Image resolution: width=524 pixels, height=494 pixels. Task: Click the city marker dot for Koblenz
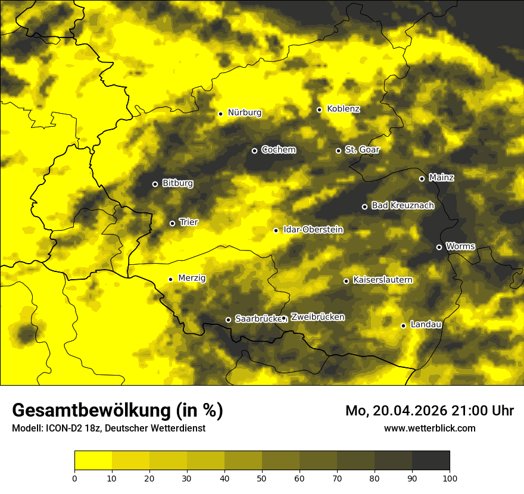pyautogui.click(x=319, y=110)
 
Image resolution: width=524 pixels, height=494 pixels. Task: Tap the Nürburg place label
pyautogui.click(x=244, y=112)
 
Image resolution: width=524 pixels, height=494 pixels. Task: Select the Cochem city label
pyautogui.click(x=278, y=150)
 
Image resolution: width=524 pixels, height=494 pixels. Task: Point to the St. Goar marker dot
pyautogui.click(x=338, y=151)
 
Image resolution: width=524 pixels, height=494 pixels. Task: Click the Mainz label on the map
pyautogui.click(x=441, y=178)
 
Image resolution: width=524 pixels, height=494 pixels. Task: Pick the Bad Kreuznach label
pyautogui.click(x=403, y=205)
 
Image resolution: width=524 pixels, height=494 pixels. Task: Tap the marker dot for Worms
pyautogui.click(x=439, y=247)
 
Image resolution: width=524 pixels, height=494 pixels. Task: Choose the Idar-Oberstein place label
pyautogui.click(x=313, y=230)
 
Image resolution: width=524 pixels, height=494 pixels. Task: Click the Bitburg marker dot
pyautogui.click(x=155, y=184)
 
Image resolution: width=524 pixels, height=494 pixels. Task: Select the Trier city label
pyautogui.click(x=189, y=222)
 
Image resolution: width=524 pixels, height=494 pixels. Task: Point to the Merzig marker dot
pyautogui.click(x=170, y=279)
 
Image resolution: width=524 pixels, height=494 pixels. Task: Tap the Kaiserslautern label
pyautogui.click(x=382, y=280)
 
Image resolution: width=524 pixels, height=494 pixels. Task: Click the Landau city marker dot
pyautogui.click(x=403, y=326)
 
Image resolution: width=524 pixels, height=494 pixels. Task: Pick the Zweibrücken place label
pyautogui.click(x=317, y=317)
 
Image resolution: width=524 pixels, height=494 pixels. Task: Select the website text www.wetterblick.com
pyautogui.click(x=429, y=428)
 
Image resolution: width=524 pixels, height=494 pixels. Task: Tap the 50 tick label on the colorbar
pyautogui.click(x=262, y=477)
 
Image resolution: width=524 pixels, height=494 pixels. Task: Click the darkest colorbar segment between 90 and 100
pyautogui.click(x=431, y=460)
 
